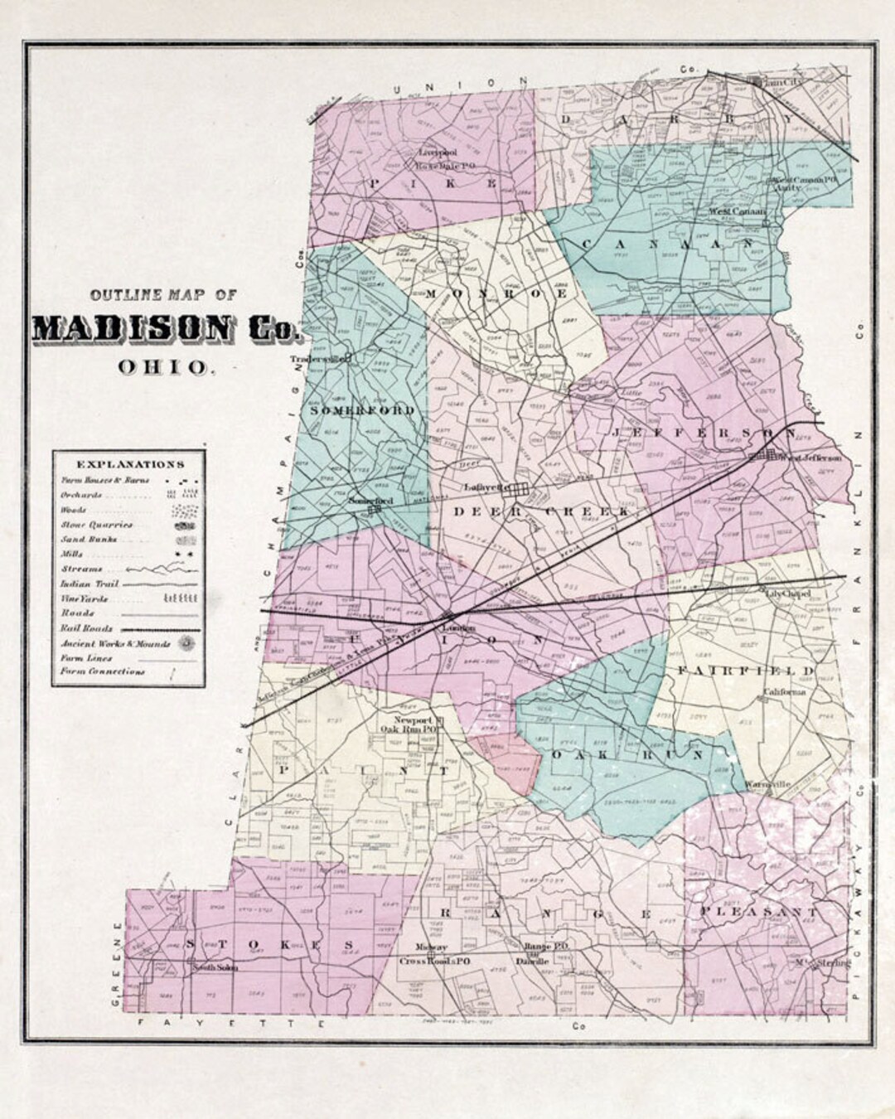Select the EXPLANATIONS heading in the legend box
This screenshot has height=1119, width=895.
(130, 465)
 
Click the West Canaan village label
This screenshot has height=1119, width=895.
(736, 211)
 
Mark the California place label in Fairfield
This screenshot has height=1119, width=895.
(784, 692)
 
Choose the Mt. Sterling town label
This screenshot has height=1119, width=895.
(817, 963)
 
